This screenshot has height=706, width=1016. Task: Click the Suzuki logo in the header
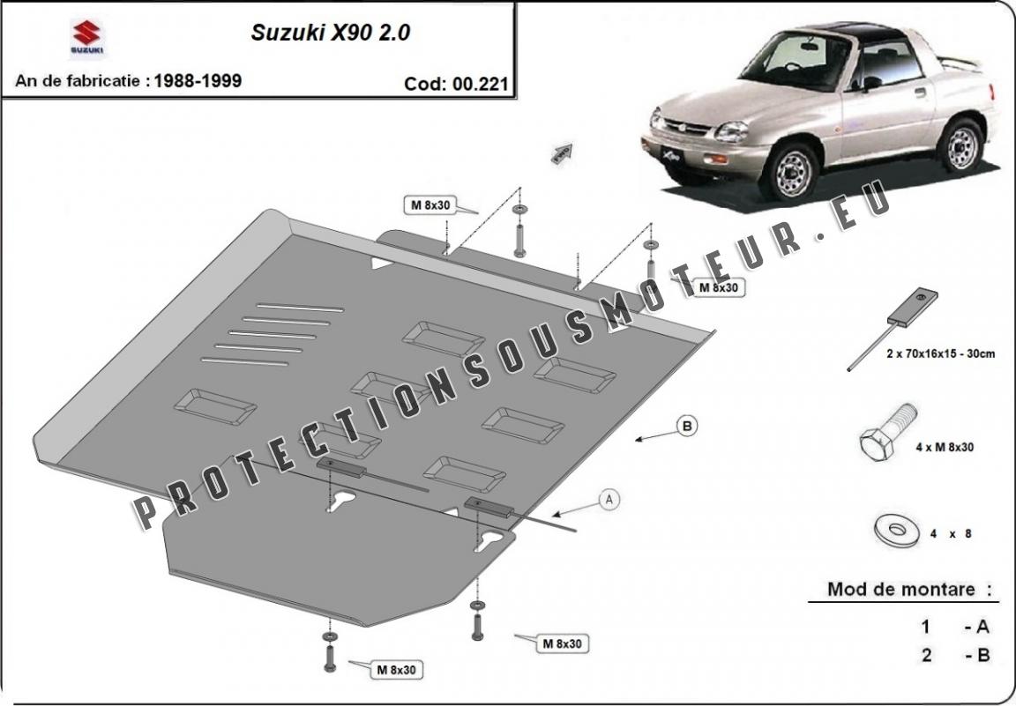(x=86, y=38)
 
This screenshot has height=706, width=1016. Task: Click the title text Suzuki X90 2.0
(x=331, y=33)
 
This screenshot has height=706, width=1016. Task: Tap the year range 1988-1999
(x=198, y=81)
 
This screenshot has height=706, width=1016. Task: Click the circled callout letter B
(x=687, y=427)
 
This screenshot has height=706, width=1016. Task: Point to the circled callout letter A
(x=609, y=500)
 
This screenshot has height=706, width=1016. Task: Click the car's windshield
(x=796, y=62)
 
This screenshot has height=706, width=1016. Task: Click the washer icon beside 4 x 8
(x=897, y=531)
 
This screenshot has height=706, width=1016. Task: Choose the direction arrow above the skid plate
(x=562, y=152)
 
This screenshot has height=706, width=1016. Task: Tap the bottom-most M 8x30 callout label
(x=397, y=670)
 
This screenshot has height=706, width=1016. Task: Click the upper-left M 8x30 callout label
(x=430, y=205)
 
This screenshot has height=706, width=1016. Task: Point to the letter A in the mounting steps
(x=982, y=627)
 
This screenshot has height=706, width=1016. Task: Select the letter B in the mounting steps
(x=983, y=656)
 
